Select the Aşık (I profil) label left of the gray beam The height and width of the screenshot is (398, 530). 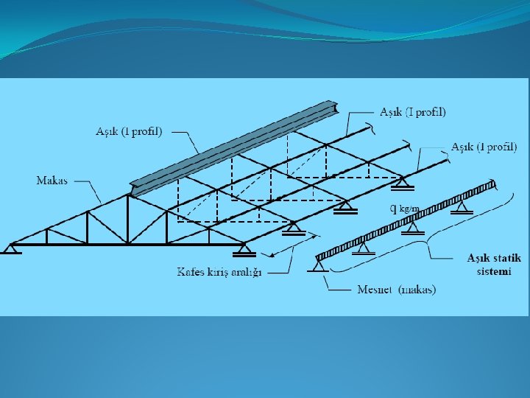(129, 131)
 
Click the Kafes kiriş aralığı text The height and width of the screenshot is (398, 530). (219, 272)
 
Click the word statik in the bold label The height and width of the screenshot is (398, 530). (505, 258)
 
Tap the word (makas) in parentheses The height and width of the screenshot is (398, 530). (417, 290)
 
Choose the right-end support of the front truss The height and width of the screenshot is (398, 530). (241, 249)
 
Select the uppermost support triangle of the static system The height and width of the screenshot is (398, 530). (462, 209)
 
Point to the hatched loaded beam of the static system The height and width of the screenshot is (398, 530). (405, 220)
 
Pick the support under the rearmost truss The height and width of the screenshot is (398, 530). (402, 181)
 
